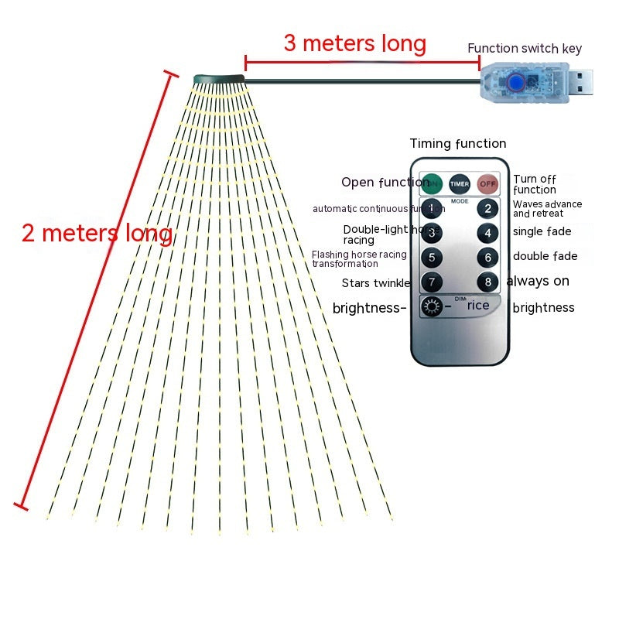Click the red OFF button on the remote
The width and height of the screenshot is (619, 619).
point(487,183)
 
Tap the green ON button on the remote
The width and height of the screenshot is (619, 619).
point(432,183)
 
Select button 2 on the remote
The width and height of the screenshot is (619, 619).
point(487,208)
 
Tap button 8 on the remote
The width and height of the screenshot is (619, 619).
point(487,282)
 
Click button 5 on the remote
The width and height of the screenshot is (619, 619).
point(432,258)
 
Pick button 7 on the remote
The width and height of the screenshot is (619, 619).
point(432,282)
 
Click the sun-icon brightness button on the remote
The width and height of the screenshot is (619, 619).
point(432,308)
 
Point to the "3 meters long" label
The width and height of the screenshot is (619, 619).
point(354,43)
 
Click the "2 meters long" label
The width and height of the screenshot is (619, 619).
point(97,233)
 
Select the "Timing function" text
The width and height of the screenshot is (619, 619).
point(458,143)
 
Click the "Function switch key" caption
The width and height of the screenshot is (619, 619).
point(524,48)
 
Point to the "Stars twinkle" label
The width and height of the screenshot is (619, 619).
point(376,283)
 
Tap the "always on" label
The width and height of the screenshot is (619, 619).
point(538,281)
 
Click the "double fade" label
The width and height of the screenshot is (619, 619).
point(545,256)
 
